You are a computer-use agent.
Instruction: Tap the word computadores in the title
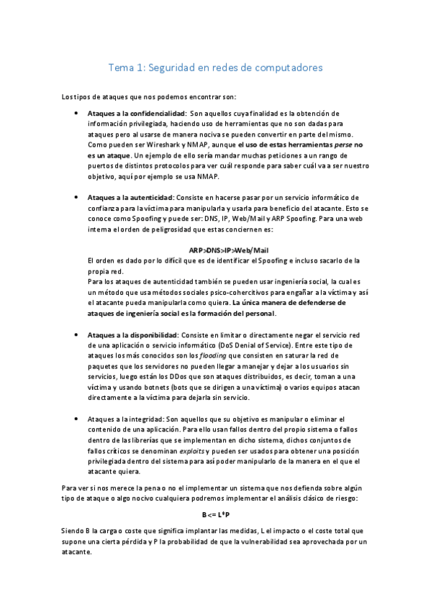287,68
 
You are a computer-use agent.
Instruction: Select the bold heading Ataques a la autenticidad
130,197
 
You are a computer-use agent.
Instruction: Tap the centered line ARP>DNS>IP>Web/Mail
215,249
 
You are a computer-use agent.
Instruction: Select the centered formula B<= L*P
215,515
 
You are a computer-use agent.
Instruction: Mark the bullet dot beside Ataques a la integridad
77,419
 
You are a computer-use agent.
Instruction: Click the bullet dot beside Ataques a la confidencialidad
77,114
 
